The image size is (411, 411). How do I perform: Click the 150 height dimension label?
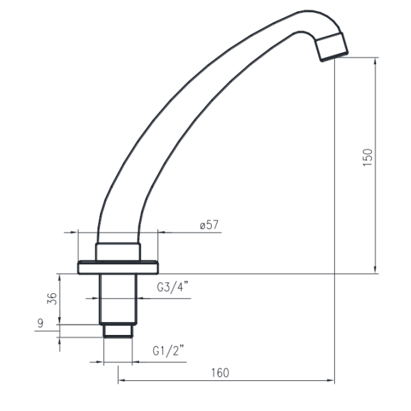(x=367, y=158)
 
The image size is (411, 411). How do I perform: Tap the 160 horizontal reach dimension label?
(x=220, y=373)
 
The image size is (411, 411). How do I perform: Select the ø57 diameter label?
(x=209, y=225)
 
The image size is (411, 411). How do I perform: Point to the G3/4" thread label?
(x=173, y=287)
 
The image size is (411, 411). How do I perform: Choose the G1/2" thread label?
(x=169, y=351)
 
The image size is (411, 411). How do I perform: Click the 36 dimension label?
(x=52, y=299)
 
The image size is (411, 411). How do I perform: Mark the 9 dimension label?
(x=40, y=323)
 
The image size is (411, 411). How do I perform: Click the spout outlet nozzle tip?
(x=332, y=47)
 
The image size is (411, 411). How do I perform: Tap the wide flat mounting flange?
(x=119, y=267)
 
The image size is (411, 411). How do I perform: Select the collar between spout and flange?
(x=118, y=252)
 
